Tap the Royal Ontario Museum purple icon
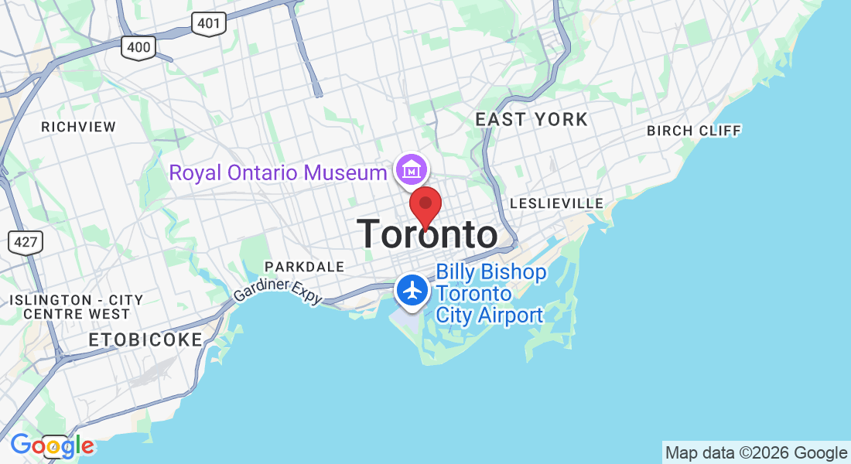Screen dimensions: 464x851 click(x=411, y=169)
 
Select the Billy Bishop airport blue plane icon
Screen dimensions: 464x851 click(x=412, y=291)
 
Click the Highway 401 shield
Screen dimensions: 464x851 click(x=209, y=23)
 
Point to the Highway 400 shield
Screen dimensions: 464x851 click(x=138, y=47)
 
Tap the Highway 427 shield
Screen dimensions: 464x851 click(x=26, y=241)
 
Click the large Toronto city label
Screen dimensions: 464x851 click(x=427, y=234)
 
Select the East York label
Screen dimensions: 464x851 click(x=531, y=119)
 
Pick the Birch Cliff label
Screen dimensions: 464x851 click(x=694, y=130)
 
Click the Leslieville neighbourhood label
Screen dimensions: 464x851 click(x=556, y=203)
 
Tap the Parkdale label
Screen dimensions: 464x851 click(x=304, y=267)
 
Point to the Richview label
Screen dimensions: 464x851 click(x=78, y=127)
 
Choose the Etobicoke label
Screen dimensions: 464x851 click(x=145, y=339)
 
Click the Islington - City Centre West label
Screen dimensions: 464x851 click(x=76, y=307)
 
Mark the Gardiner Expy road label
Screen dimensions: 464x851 click(x=277, y=292)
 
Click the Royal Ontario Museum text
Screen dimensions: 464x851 click(x=278, y=172)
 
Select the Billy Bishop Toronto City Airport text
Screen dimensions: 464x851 click(x=490, y=294)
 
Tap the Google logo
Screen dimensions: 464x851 click(x=52, y=445)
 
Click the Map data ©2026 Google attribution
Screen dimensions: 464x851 click(x=757, y=453)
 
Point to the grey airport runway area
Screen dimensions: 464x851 click(x=408, y=319)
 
